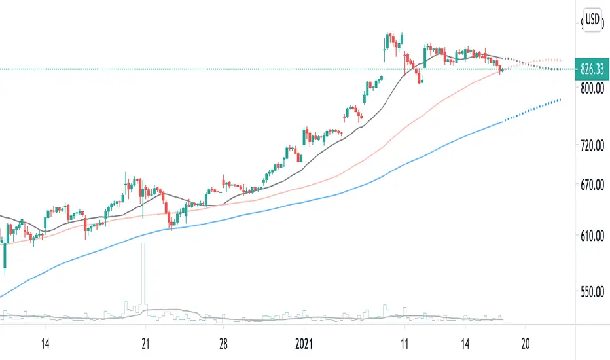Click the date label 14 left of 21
[x=45, y=343]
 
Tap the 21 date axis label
[x=146, y=343]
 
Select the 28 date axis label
[x=223, y=343]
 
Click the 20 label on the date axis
[x=526, y=343]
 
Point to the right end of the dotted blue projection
[x=560, y=100]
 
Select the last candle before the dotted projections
[x=501, y=69]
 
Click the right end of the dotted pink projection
[x=562, y=60]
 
